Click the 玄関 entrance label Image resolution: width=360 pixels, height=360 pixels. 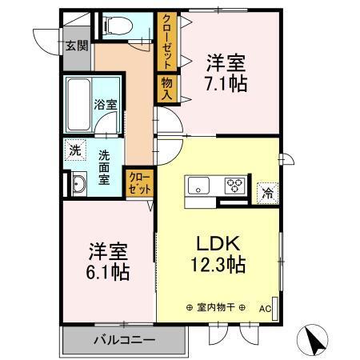click(77, 45)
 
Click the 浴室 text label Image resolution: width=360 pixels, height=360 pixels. click(105, 104)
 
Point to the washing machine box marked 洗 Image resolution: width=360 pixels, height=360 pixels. click(74, 150)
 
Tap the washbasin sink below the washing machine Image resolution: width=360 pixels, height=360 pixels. click(79, 185)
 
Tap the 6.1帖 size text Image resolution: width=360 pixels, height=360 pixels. click(108, 270)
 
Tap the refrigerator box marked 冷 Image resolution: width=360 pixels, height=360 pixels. click(266, 192)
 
